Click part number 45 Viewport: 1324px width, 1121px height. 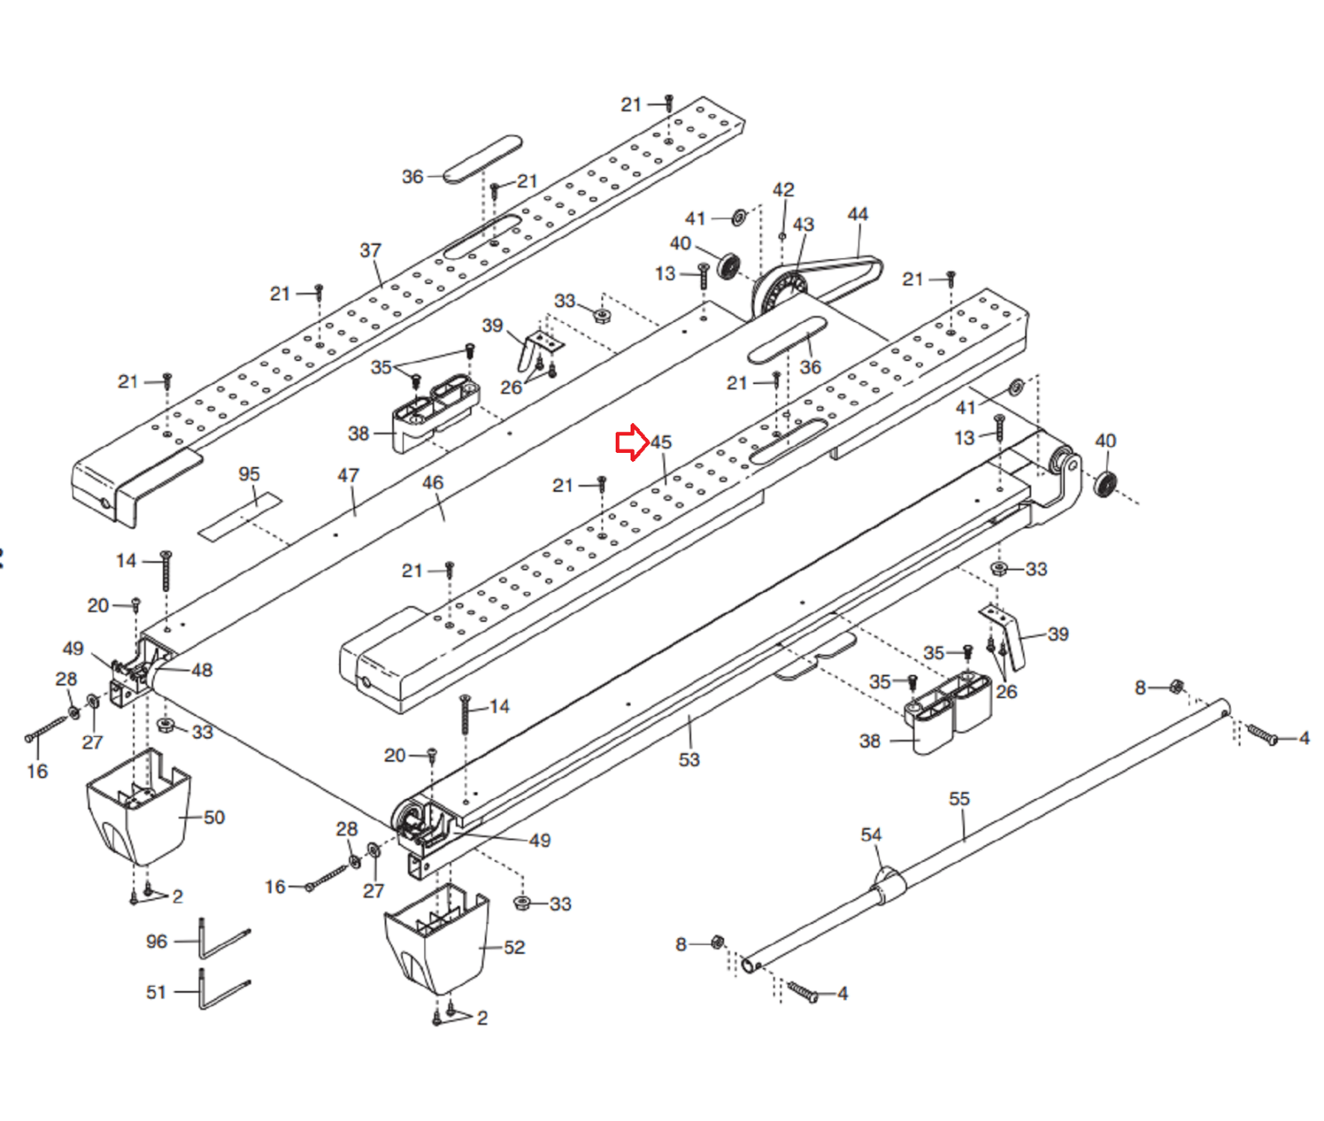[x=661, y=442]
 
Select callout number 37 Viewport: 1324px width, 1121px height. [x=371, y=250]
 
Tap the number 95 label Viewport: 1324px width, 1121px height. [x=249, y=474]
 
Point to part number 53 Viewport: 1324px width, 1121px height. [x=689, y=759]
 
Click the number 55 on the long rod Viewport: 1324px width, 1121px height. [x=959, y=798]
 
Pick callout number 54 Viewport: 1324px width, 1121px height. [x=871, y=835]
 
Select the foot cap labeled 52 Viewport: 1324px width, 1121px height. [x=437, y=940]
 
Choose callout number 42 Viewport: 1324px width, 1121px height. [x=783, y=190]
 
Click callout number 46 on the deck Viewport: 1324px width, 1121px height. [x=433, y=482]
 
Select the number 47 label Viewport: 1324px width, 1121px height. [x=348, y=475]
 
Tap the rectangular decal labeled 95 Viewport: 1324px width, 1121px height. [x=240, y=517]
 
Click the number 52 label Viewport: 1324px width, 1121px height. [x=515, y=946]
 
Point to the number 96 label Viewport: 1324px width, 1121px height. [x=156, y=941]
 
